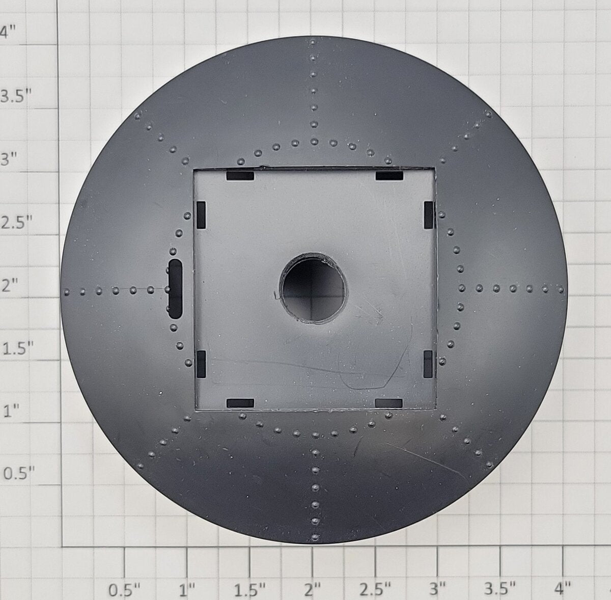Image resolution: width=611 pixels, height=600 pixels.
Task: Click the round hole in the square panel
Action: [313, 288]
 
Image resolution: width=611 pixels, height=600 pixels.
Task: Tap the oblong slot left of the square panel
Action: [175, 289]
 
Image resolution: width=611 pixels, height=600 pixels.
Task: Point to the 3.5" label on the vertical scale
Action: [16, 96]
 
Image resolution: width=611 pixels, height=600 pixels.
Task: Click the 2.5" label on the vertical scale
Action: [16, 223]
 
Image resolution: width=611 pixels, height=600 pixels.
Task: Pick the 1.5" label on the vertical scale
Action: [18, 348]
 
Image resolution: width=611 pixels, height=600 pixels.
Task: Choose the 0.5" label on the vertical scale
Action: [18, 473]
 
